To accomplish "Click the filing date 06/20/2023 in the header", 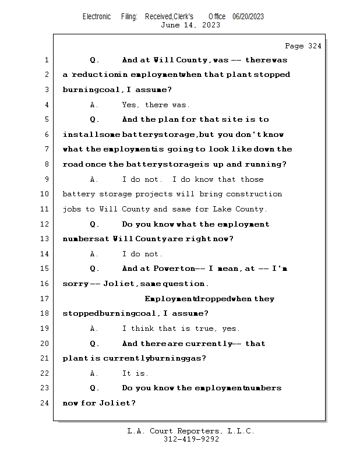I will (248, 17).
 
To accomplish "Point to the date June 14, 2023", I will (190, 25).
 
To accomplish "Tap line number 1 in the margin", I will (47, 60).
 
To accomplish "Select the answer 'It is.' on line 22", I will (135, 373).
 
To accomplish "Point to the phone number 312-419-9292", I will (191, 440).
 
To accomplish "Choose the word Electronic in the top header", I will (97, 17).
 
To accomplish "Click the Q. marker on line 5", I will (94, 119).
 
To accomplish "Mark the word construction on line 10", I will (254, 194).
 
